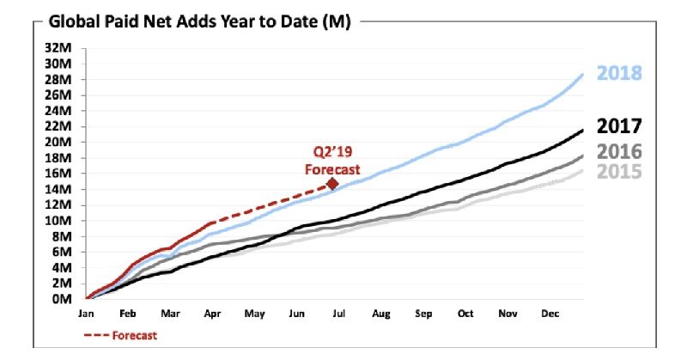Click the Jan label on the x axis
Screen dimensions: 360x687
pyautogui.click(x=87, y=314)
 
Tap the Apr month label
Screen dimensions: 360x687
pyautogui.click(x=212, y=314)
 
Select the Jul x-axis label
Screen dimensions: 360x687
pyautogui.click(x=338, y=314)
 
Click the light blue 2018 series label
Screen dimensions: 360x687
pyautogui.click(x=619, y=73)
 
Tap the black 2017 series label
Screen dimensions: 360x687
pyautogui.click(x=619, y=126)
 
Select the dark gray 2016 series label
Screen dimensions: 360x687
pyautogui.click(x=619, y=152)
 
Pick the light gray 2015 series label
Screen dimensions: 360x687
pyautogui.click(x=619, y=172)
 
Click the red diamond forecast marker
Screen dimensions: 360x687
pyautogui.click(x=332, y=182)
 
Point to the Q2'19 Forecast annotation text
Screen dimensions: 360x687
pyautogui.click(x=331, y=162)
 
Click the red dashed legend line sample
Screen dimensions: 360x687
pyautogui.click(x=95, y=335)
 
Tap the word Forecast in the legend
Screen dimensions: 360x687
pyautogui.click(x=134, y=335)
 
